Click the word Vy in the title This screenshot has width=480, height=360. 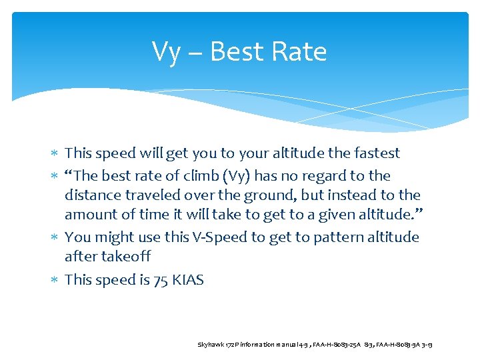pyautogui.click(x=166, y=53)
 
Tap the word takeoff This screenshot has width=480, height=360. pyautogui.click(x=126, y=257)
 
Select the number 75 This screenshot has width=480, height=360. pyautogui.click(x=161, y=280)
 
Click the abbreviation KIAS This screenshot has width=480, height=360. pyautogui.click(x=188, y=280)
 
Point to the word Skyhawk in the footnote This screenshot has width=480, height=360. pyautogui.click(x=211, y=344)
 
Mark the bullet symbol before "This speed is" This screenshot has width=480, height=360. pyautogui.click(x=56, y=281)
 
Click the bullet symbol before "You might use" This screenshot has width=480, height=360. pyautogui.click(x=56, y=238)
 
